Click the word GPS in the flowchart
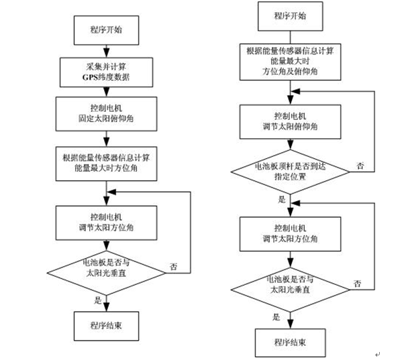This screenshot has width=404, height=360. coord(90,77)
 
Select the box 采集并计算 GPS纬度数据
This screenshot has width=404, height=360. coord(106,72)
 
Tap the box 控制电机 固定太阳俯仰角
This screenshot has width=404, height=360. coord(106,114)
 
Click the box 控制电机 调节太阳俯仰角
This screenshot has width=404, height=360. coord(290,122)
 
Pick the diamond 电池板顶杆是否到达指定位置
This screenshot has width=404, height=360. coord(290,172)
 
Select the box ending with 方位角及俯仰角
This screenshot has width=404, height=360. coord(290,62)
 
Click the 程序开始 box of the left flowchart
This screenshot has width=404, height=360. coord(106,30)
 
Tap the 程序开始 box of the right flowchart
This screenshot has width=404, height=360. coord(290,16)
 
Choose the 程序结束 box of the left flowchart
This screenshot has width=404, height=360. coord(106,326)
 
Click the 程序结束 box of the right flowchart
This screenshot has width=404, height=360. coord(291,343)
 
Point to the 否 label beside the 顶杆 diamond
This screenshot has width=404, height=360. coord(360,166)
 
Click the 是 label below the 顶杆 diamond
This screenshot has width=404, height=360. coord(282,199)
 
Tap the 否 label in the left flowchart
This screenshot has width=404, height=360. coord(174,267)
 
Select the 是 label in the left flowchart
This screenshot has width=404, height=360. coord(98,300)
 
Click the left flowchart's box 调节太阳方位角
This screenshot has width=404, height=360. coord(106,223)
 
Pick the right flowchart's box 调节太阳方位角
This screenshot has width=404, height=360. coord(290,234)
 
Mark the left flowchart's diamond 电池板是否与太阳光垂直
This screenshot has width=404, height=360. coord(106,273)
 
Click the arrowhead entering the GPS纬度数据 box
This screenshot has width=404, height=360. coord(106,52)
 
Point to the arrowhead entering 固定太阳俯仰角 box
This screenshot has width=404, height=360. coord(106,92)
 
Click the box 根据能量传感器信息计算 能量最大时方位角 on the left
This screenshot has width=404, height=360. coord(106,164)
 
